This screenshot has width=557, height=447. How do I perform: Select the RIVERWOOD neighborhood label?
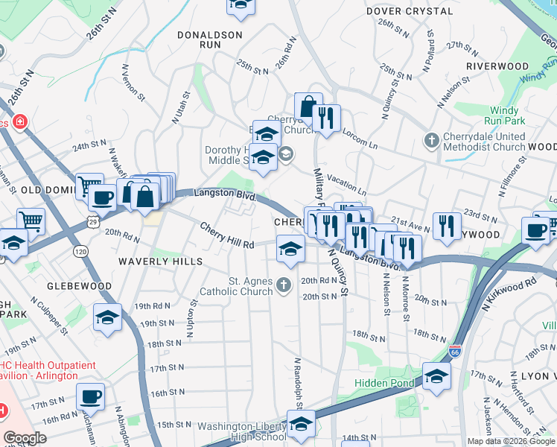[x=497, y=66]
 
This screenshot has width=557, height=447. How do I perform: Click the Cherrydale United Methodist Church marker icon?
[x=431, y=140]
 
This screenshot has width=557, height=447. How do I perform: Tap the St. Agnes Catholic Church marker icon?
[x=283, y=285]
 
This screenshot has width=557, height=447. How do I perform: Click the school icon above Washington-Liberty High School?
[x=300, y=425]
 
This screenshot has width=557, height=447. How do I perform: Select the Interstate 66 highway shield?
[x=456, y=350]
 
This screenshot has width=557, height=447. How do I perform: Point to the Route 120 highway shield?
[x=80, y=253]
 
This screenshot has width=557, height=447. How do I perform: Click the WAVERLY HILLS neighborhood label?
[x=160, y=261]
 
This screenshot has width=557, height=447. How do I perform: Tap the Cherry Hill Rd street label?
[x=227, y=235]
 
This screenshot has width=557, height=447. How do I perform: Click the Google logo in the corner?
[x=25, y=438]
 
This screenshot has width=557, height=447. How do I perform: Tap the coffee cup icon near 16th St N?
[x=90, y=396]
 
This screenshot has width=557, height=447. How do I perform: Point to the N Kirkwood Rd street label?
[x=510, y=294]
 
